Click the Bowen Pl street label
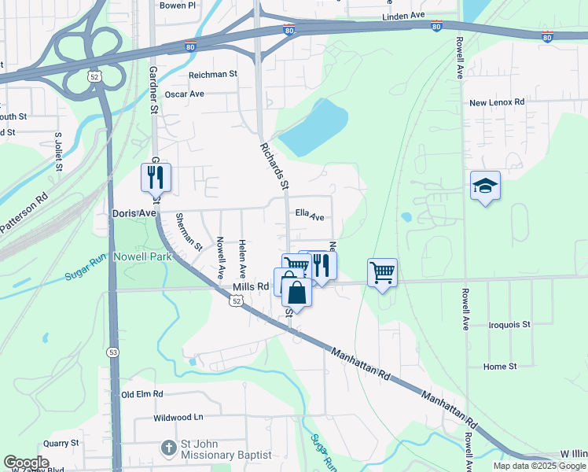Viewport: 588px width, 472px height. pos(177,6)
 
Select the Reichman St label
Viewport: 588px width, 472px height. pos(212,74)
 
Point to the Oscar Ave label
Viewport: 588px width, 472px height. pos(184,94)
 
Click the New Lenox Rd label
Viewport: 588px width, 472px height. pos(496,102)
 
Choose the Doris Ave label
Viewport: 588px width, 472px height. pos(134,213)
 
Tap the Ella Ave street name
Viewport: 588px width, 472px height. pos(310,215)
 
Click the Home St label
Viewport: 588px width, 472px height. pos(500,367)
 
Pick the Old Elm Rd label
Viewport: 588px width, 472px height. pos(141,394)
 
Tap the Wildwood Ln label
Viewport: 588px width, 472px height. pos(178,417)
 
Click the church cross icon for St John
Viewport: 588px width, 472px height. pos(167,448)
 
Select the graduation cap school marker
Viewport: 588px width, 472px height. pos(485,186)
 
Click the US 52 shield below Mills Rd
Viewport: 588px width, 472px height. pos(237,301)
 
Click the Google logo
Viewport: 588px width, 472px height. pos(26,463)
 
